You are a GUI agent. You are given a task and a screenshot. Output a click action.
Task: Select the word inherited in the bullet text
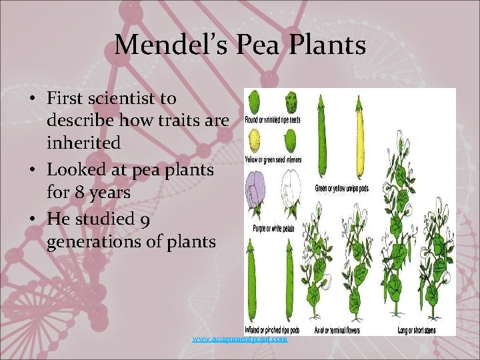(83, 143)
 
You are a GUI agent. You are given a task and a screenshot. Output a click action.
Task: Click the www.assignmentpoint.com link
(240, 339)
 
